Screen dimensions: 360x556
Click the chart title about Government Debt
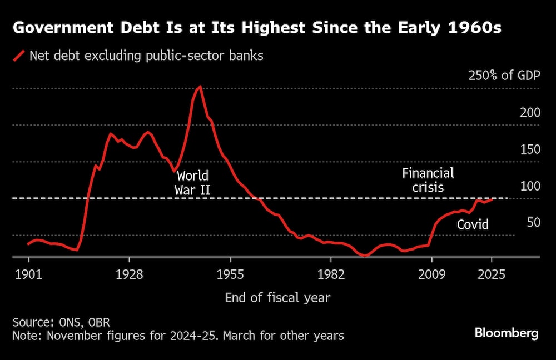click(257, 28)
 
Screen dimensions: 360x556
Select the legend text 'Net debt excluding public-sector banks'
click(146, 56)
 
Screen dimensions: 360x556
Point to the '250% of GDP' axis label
click(502, 76)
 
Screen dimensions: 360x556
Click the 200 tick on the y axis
click(530, 113)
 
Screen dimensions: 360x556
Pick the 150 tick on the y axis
click(530, 149)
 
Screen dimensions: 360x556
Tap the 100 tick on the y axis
click(530, 186)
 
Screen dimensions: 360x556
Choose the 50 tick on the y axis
click(534, 223)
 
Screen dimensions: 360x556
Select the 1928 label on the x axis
click(129, 274)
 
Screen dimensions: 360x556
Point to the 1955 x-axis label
click(230, 274)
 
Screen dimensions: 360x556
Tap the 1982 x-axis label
click(331, 274)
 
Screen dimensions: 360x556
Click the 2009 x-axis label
click(432, 274)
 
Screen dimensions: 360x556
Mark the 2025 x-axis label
click(492, 274)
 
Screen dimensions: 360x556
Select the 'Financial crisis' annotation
click(428, 180)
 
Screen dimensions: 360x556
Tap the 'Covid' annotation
click(473, 224)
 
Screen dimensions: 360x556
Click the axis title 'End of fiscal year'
click(277, 298)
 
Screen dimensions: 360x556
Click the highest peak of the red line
click(200, 87)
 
